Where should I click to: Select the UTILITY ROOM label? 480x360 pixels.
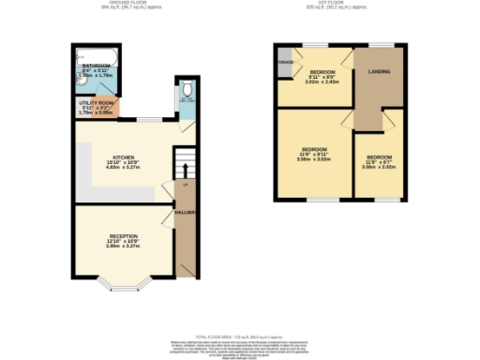click(x=96, y=104)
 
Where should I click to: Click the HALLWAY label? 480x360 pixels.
click(x=184, y=213)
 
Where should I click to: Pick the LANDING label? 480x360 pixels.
click(x=379, y=72)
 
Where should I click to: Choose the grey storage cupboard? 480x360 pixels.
click(x=284, y=63)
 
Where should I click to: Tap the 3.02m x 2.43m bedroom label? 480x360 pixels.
click(x=322, y=77)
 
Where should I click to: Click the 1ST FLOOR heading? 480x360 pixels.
click(x=339, y=5)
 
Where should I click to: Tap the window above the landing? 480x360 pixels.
click(x=379, y=45)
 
